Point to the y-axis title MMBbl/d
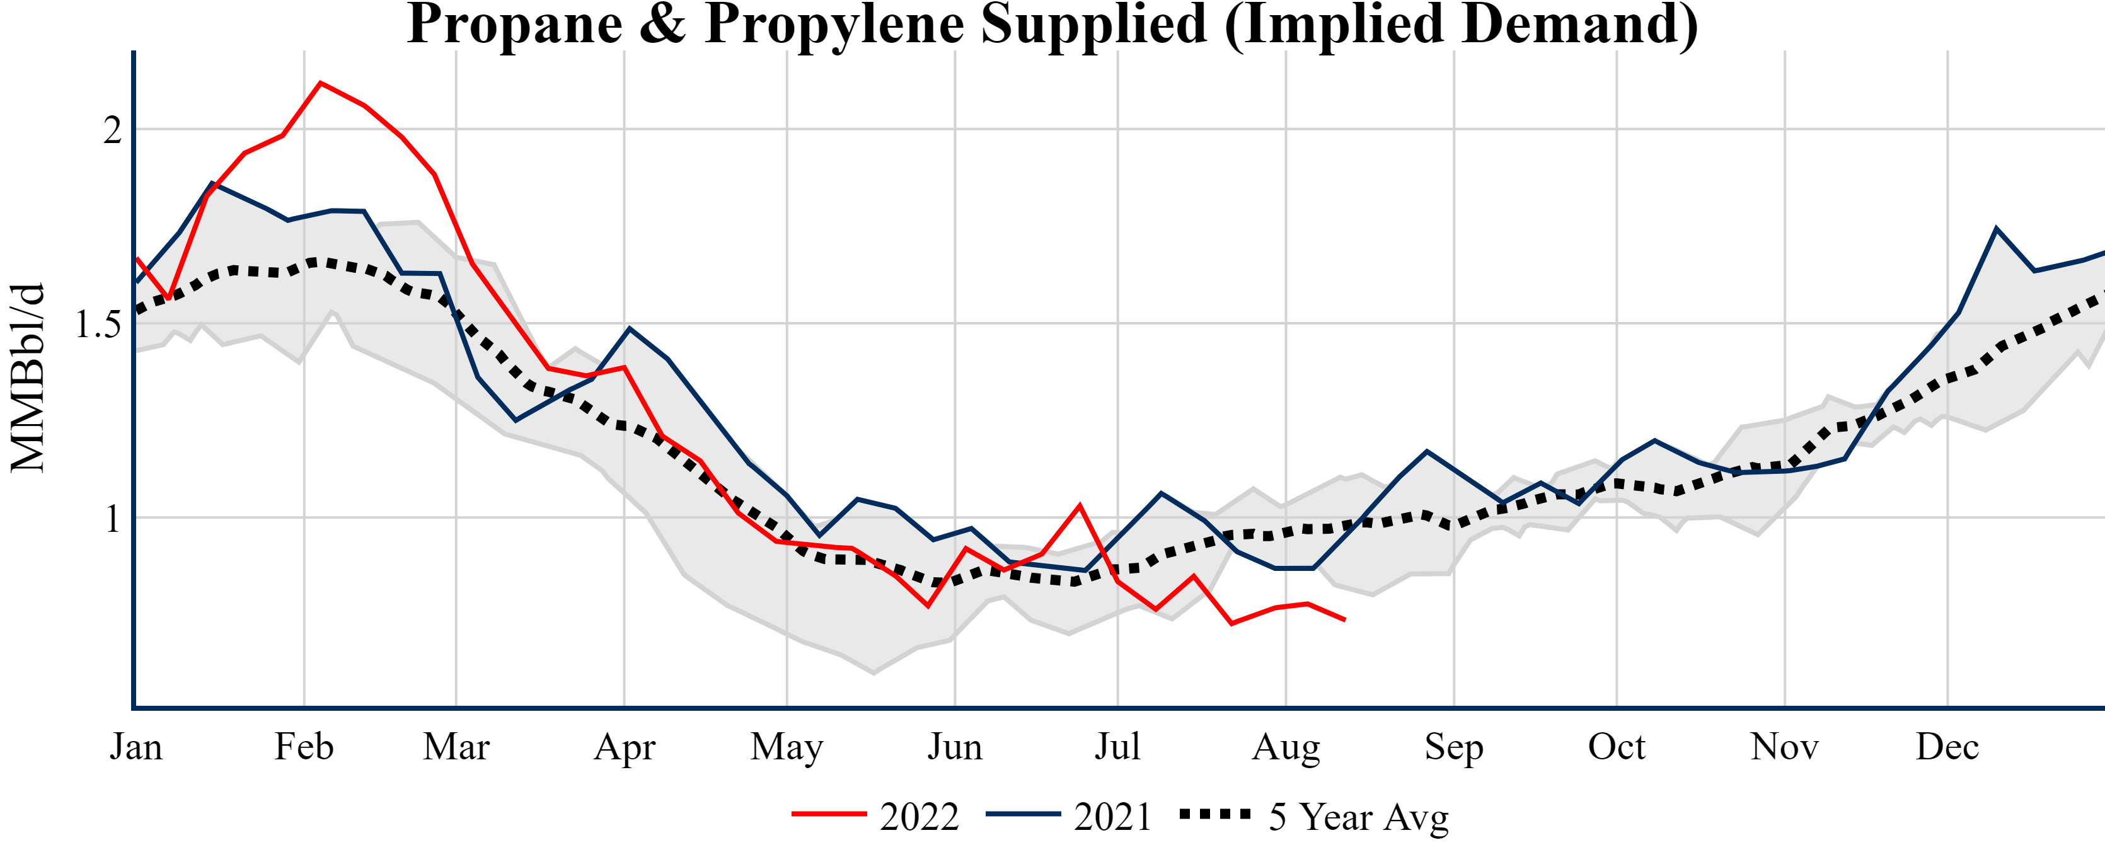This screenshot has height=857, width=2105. [x=28, y=377]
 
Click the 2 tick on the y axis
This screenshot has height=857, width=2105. [x=112, y=130]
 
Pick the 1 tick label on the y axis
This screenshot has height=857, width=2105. [x=113, y=519]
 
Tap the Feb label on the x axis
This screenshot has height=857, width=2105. [x=304, y=747]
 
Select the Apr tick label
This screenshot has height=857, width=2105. [x=625, y=747]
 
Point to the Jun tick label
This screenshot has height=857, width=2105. [x=954, y=747]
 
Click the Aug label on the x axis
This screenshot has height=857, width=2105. [x=1286, y=747]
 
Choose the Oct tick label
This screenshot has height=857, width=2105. [x=1617, y=747]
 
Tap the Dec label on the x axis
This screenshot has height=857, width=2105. [x=1947, y=747]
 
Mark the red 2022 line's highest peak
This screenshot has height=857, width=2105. [x=320, y=83]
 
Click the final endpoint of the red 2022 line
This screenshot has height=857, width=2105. [x=1345, y=620]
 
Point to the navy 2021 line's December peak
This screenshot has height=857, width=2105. [x=1997, y=229]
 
